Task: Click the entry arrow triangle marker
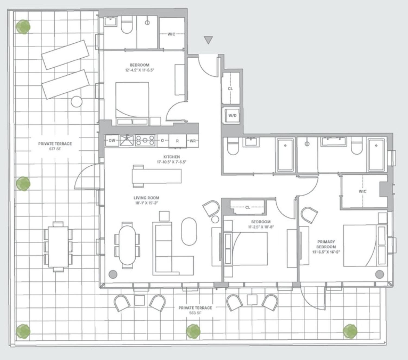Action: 208,40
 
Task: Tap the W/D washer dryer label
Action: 232,115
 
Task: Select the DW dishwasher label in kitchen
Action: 112,141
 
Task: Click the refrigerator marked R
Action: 177,141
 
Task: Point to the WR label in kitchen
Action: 193,141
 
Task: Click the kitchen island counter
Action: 157,176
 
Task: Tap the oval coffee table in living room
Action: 189,231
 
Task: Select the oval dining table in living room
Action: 127,245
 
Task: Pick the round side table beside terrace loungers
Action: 77,102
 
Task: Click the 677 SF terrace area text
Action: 55,149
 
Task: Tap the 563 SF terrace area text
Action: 195,313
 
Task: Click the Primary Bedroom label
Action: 326,244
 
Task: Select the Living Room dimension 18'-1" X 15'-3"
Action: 146,203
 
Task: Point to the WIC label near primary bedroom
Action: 362,191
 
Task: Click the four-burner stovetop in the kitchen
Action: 145,140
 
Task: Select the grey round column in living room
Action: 113,274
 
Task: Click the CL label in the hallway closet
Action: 230,89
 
